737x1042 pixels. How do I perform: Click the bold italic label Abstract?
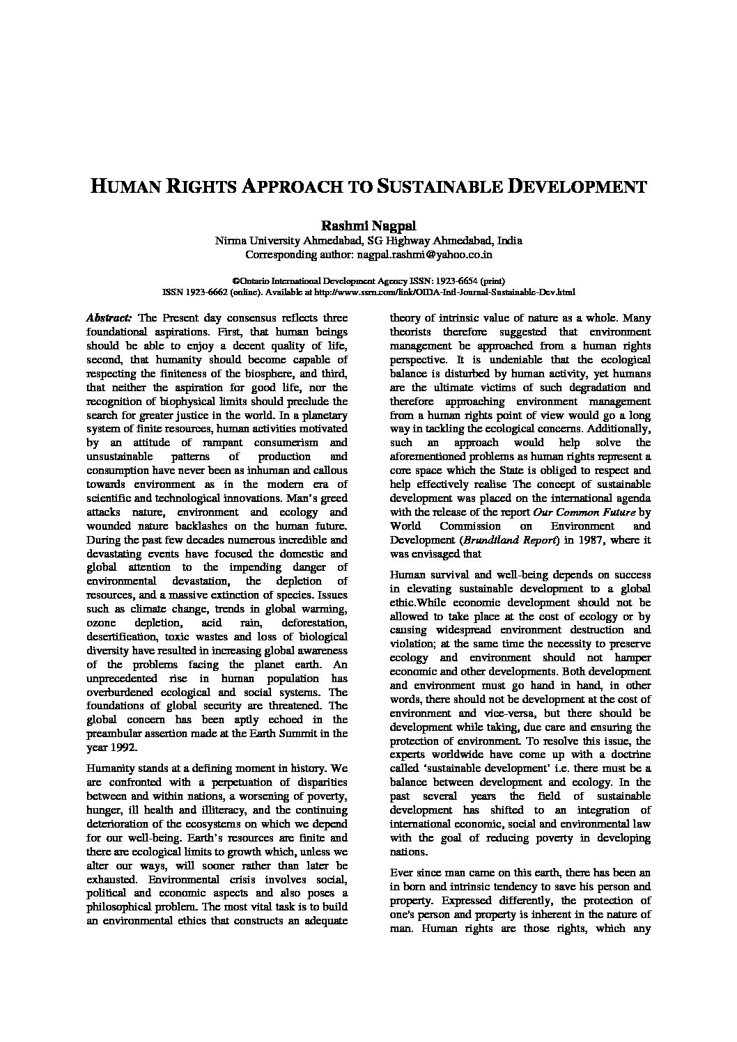[109, 318]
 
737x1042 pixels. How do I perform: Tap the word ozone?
[101, 623]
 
